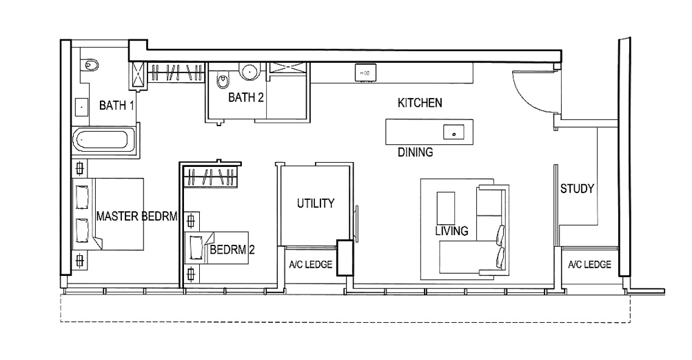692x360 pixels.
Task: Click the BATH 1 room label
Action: pyautogui.click(x=116, y=106)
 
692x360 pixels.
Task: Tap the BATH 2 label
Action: pyautogui.click(x=246, y=97)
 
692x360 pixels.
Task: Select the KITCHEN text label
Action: pyautogui.click(x=420, y=103)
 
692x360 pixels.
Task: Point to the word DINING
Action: pyautogui.click(x=416, y=152)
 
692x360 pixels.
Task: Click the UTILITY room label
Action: pyautogui.click(x=316, y=203)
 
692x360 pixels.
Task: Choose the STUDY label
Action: pyautogui.click(x=577, y=189)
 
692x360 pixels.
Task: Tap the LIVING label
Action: pyautogui.click(x=451, y=231)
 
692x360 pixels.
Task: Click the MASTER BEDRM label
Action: pyautogui.click(x=136, y=217)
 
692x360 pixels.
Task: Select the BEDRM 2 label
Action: pyautogui.click(x=232, y=250)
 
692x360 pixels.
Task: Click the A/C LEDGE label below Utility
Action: pyautogui.click(x=311, y=265)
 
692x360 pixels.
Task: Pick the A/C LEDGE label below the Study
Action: pyautogui.click(x=589, y=265)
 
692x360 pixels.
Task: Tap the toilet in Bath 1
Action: pyautogui.click(x=90, y=66)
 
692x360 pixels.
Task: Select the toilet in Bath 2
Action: pyautogui.click(x=223, y=81)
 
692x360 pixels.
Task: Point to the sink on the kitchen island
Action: pyautogui.click(x=454, y=132)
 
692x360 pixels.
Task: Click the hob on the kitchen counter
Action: pyautogui.click(x=365, y=72)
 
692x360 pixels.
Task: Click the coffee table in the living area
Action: pyautogui.click(x=446, y=208)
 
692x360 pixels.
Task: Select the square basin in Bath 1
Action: pyautogui.click(x=81, y=107)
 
